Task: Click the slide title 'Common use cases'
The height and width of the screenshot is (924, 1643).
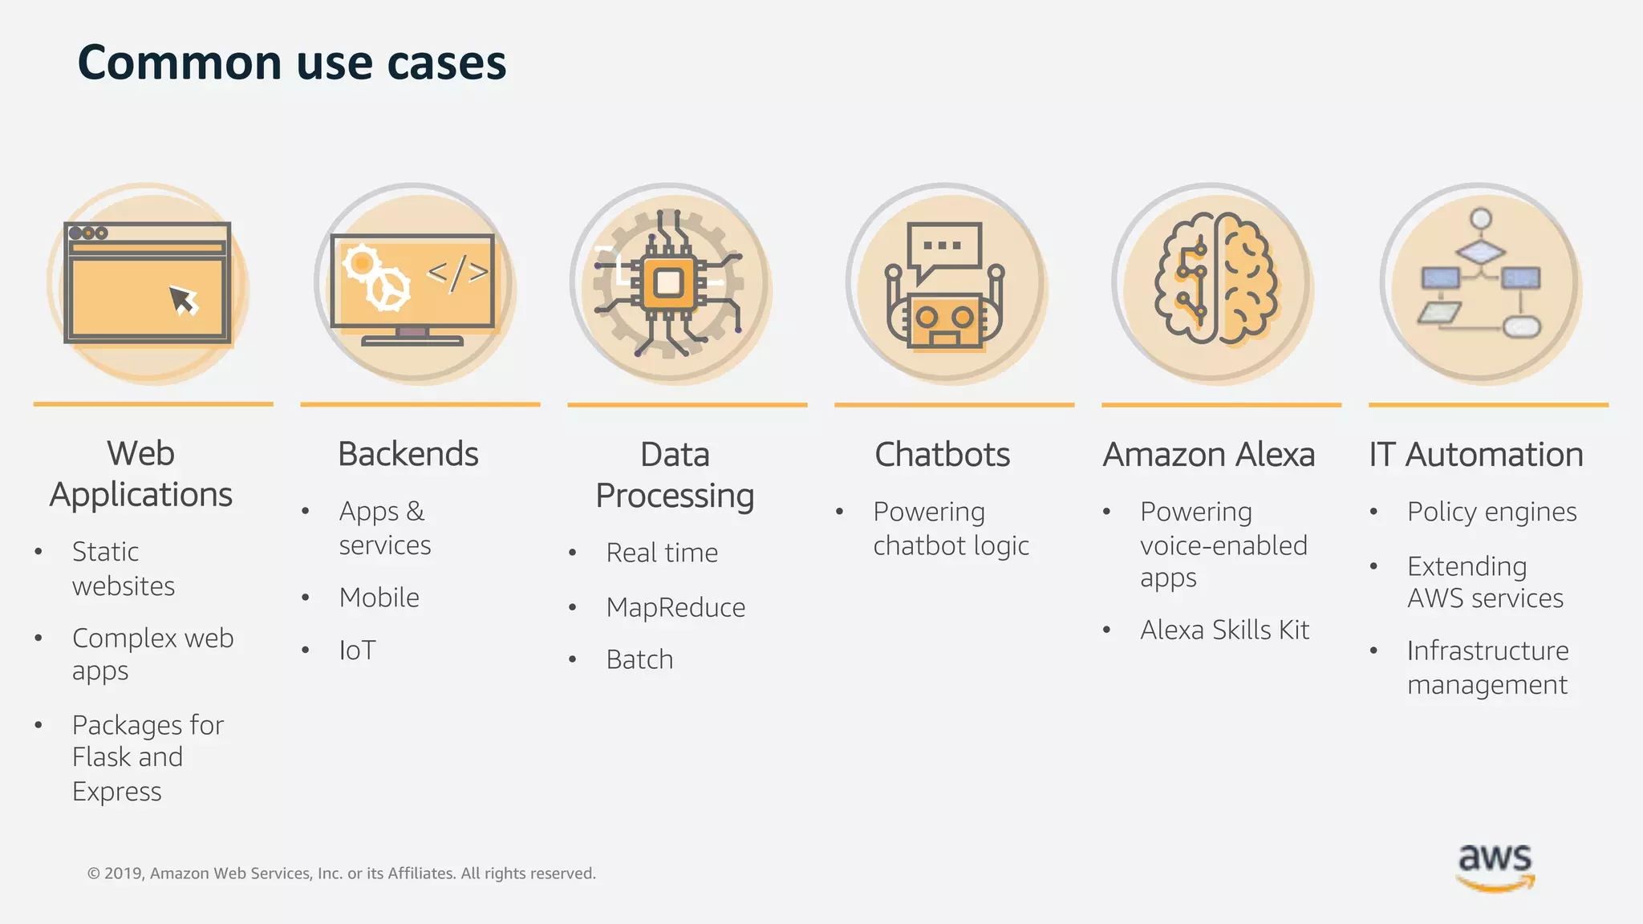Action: [x=292, y=63]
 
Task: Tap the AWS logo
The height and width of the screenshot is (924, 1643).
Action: [x=1495, y=866]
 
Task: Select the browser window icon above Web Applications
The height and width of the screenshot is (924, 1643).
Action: [x=148, y=282]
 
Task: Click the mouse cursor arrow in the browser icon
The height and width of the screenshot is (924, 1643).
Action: [x=184, y=301]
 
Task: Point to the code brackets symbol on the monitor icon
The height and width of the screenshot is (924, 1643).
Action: [x=456, y=274]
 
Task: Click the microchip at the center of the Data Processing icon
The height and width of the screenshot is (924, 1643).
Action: [x=668, y=282]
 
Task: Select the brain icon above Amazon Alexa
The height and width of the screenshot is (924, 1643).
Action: [x=1215, y=279]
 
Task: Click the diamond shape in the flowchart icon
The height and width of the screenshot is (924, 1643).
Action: [x=1480, y=253]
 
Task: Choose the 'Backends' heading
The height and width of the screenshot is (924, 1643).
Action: [x=408, y=454]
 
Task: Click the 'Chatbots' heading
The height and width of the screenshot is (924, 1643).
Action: [x=942, y=455]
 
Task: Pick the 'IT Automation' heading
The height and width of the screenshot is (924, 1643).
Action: [x=1476, y=455]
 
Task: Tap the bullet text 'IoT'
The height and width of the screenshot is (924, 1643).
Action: [x=357, y=650]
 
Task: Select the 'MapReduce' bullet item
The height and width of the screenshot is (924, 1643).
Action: [x=675, y=607]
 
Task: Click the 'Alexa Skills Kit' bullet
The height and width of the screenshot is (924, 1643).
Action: [x=1224, y=630]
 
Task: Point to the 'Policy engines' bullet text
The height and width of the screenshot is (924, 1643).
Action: [x=1491, y=512]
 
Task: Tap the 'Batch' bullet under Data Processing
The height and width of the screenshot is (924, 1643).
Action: [x=639, y=659]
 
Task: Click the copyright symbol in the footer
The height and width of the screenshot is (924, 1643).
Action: [x=94, y=873]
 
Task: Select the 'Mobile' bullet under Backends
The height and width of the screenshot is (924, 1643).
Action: [x=379, y=598]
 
